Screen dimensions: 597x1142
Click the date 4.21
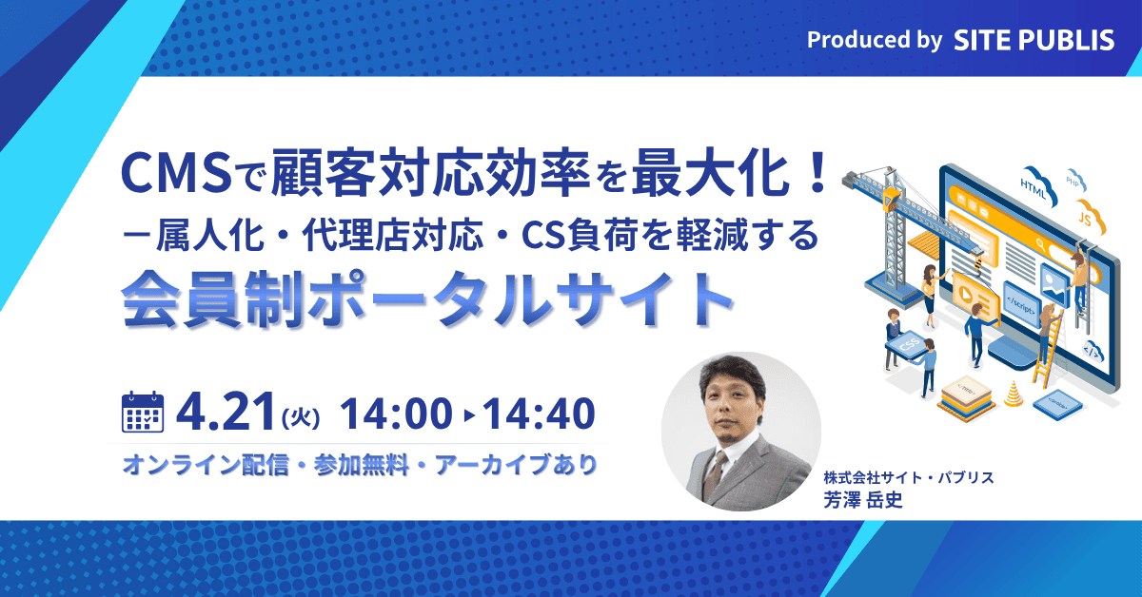[225, 412]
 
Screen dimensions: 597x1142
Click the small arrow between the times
[468, 414]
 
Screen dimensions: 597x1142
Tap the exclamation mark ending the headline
[814, 174]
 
